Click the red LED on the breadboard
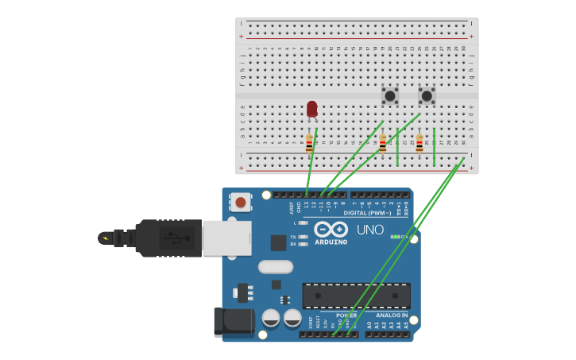coord(312,109)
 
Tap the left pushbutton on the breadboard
coord(390,96)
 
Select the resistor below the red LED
coord(310,144)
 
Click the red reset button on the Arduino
coord(240,203)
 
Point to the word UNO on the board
coord(370,230)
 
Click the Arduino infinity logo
coord(331,230)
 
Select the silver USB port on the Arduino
coord(227,238)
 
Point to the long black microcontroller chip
coord(356,296)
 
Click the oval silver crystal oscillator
coord(276,267)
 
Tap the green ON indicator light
coord(394,237)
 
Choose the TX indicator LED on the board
coord(303,237)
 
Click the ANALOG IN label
coord(392,315)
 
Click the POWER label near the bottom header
coord(346,315)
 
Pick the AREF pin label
coord(291,207)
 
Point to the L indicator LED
coord(303,223)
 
